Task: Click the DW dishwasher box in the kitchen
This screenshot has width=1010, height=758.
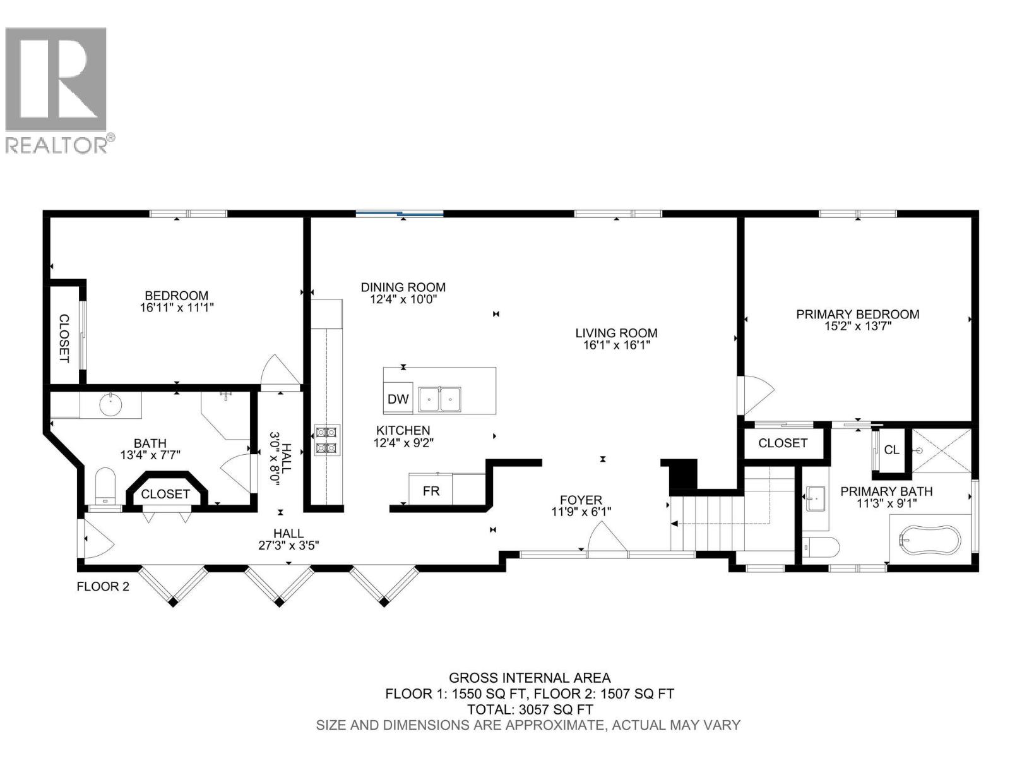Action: (x=398, y=399)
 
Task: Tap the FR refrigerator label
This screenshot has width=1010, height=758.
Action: (x=431, y=491)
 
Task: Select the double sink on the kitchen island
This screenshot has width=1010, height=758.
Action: (x=440, y=399)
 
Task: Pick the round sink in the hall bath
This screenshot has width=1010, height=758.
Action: (x=112, y=404)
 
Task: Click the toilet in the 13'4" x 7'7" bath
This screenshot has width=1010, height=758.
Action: (x=105, y=485)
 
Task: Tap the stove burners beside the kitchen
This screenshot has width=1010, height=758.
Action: (x=327, y=440)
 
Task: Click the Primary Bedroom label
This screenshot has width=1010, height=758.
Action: (x=857, y=314)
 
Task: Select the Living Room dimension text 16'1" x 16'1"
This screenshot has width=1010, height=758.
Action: (x=616, y=345)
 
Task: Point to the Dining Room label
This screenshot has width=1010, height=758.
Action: (x=403, y=287)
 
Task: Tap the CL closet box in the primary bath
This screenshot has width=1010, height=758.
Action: (x=891, y=450)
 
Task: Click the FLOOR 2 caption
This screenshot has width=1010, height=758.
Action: (x=103, y=586)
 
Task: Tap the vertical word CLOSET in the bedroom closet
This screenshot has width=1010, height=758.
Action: (x=64, y=338)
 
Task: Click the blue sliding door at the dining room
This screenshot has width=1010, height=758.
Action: (x=399, y=214)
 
